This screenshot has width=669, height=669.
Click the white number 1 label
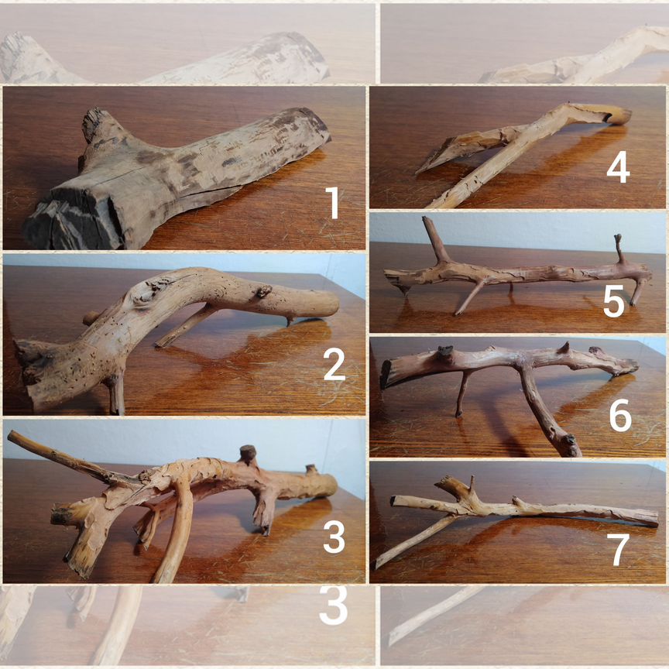coord(333,203)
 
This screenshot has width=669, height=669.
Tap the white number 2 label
coord(334,364)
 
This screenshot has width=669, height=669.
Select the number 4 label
coord(618,167)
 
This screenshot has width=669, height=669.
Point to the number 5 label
coord(614,302)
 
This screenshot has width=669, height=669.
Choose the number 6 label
coord(620,415)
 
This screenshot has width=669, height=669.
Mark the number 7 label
coord(619,550)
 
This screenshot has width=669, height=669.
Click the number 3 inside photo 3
coord(334,537)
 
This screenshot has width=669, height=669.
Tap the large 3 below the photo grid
coord(334,606)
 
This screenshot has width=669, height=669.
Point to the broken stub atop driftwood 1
coord(94,122)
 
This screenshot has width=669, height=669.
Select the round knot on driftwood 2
coord(144,292)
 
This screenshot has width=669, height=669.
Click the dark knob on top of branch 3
coord(248,453)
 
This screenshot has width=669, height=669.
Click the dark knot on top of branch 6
coord(444,353)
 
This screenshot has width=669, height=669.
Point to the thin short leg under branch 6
coord(463,393)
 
